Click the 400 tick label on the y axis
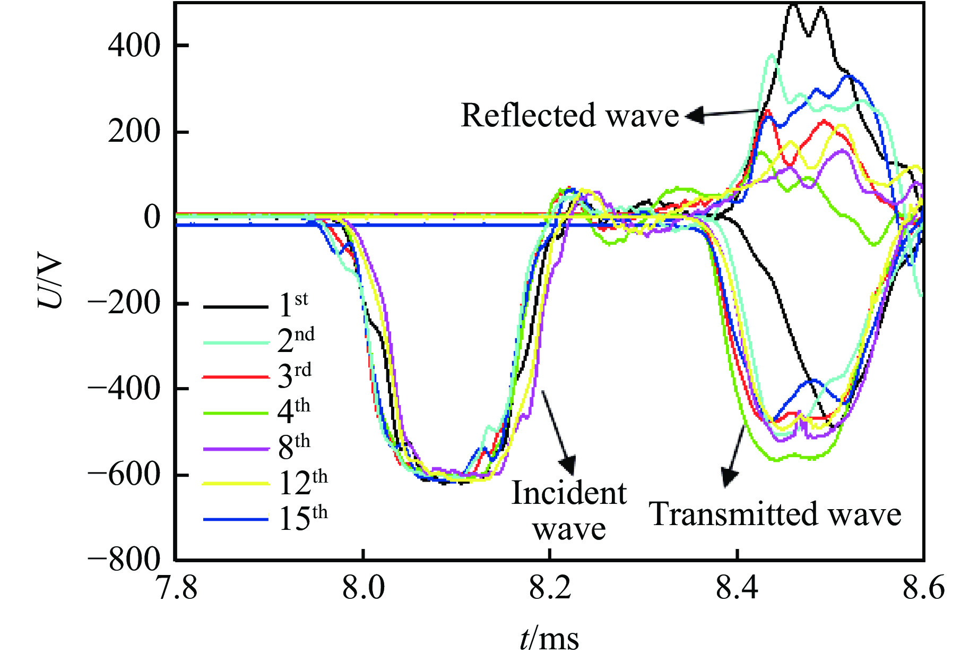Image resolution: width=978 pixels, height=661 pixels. coord(134,46)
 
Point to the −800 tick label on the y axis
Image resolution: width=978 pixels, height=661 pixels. coord(124,560)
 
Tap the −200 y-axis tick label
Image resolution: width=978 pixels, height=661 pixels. coord(124,304)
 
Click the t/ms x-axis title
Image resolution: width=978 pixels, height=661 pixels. coord(549,638)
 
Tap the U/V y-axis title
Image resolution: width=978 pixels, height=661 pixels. coord(50,284)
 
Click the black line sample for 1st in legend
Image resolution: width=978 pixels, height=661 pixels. coord(236,306)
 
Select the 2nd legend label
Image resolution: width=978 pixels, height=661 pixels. coord(296,340)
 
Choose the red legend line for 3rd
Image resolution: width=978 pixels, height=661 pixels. coord(236,377)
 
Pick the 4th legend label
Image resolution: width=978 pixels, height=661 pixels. coord(293,411)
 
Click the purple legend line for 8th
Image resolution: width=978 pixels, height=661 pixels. coord(236,449)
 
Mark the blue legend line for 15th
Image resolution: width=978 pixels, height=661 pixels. coord(236,519)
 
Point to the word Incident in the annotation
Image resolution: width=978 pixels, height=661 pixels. coord(569,493)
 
